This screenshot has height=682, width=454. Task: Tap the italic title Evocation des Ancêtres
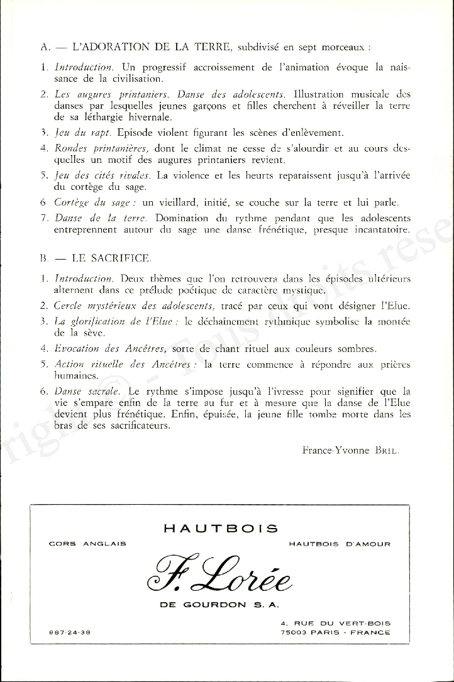111,348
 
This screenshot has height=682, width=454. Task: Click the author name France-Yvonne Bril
350,449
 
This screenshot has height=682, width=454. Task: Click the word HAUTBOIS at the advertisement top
220,529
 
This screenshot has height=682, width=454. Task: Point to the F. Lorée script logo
219,569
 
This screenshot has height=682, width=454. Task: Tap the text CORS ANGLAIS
87,544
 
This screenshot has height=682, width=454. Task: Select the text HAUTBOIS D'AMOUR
340,544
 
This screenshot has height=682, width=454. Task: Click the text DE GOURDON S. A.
220,605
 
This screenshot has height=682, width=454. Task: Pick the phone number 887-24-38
70,632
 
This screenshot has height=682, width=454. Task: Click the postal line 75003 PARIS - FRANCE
335,632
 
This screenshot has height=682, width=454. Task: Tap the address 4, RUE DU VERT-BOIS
335,624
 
